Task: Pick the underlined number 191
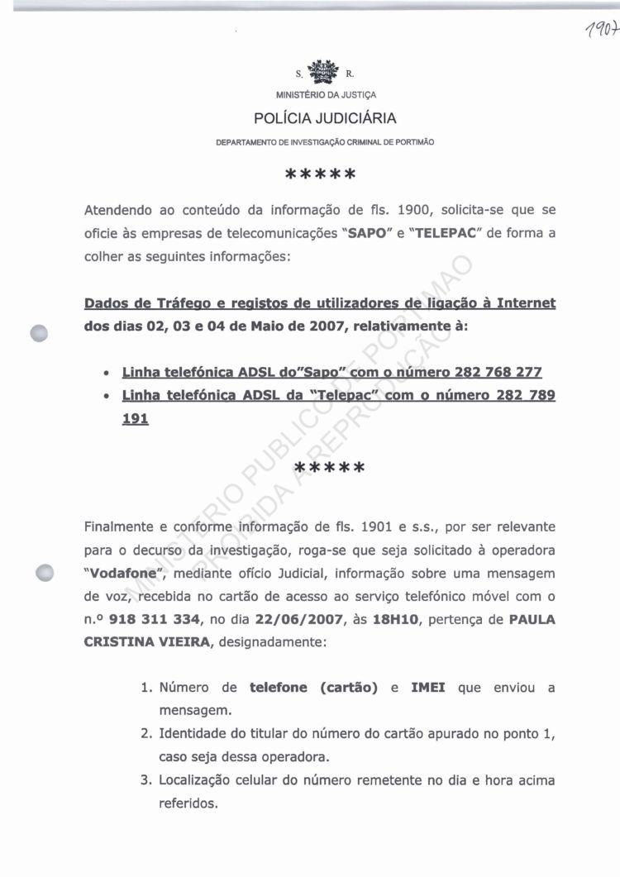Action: pos(135,419)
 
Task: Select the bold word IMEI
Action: pos(427,688)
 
